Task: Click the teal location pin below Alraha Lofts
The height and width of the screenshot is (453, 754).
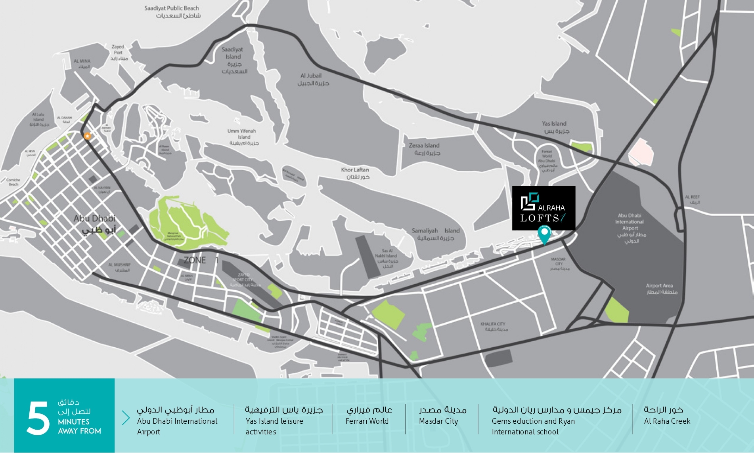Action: coord(544,234)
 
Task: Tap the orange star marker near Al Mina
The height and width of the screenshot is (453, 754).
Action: coord(87,136)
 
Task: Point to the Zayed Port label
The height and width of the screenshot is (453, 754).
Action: coord(118,52)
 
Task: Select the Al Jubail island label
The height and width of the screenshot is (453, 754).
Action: coord(313,79)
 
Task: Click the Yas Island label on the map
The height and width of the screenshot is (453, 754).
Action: coord(555,127)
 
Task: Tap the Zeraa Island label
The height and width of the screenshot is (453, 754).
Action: coord(425,149)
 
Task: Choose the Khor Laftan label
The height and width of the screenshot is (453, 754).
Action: coord(356,173)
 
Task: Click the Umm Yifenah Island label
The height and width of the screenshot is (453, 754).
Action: coord(242,137)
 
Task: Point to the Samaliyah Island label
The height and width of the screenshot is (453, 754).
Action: coord(435,234)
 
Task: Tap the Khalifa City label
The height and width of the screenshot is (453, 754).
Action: coord(494,326)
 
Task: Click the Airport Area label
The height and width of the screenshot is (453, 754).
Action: coord(661,288)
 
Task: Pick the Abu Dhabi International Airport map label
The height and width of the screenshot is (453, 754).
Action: coord(630,228)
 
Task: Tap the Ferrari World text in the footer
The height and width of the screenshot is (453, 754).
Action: coord(367,421)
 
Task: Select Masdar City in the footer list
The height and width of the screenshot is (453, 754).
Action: coord(438,421)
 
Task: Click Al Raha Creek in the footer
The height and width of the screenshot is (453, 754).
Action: coord(667,421)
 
